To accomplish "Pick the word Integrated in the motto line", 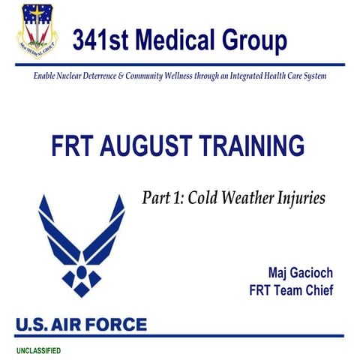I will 258,76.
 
